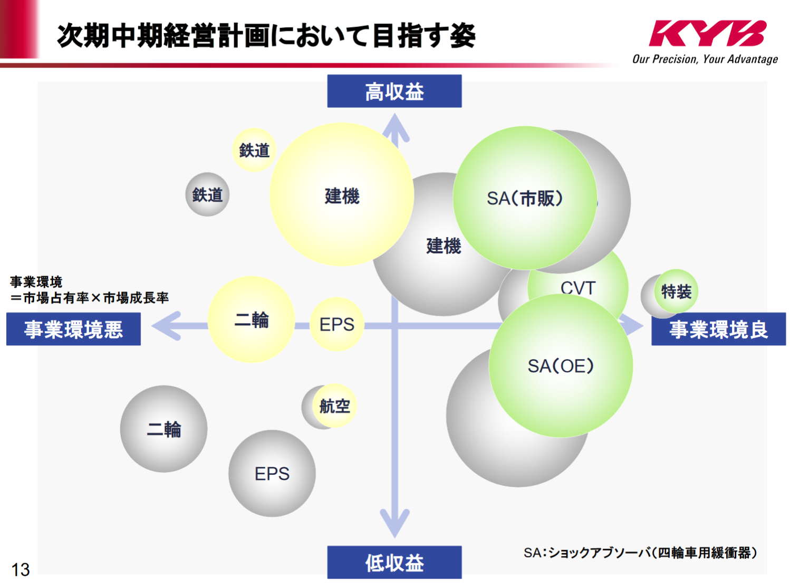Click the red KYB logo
coord(707,33)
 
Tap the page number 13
coord(20,569)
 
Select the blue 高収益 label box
coord(394,91)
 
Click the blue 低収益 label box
coord(394,562)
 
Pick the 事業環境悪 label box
coord(73,329)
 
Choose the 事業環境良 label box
coord(718,329)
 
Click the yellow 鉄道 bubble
coord(254,150)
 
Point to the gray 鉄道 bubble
coord(207,194)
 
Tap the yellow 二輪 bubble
coord(251,319)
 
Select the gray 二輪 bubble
coord(163,429)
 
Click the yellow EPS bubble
coord(336,324)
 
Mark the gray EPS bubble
coord(272,474)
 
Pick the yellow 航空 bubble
coord(334,406)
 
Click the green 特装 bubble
coord(676,291)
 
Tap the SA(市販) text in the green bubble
coord(525,199)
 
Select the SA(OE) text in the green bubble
coord(561,366)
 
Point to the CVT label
coord(577,288)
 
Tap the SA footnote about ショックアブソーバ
coord(640,553)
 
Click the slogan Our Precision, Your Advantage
coord(705,59)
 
